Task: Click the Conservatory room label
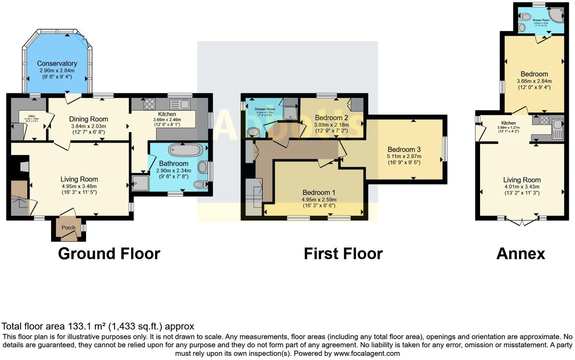point(57,64)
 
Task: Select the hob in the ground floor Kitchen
point(149,104)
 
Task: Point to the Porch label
point(68,228)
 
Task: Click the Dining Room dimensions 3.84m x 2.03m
point(89,126)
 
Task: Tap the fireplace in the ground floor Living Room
point(23,167)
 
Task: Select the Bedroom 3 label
point(404,149)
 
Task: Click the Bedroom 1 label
point(319,192)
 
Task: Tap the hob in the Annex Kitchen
point(544,120)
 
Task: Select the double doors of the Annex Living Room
point(522,221)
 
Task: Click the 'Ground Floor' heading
point(109,254)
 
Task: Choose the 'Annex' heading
point(521,254)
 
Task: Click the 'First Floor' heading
point(343,254)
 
